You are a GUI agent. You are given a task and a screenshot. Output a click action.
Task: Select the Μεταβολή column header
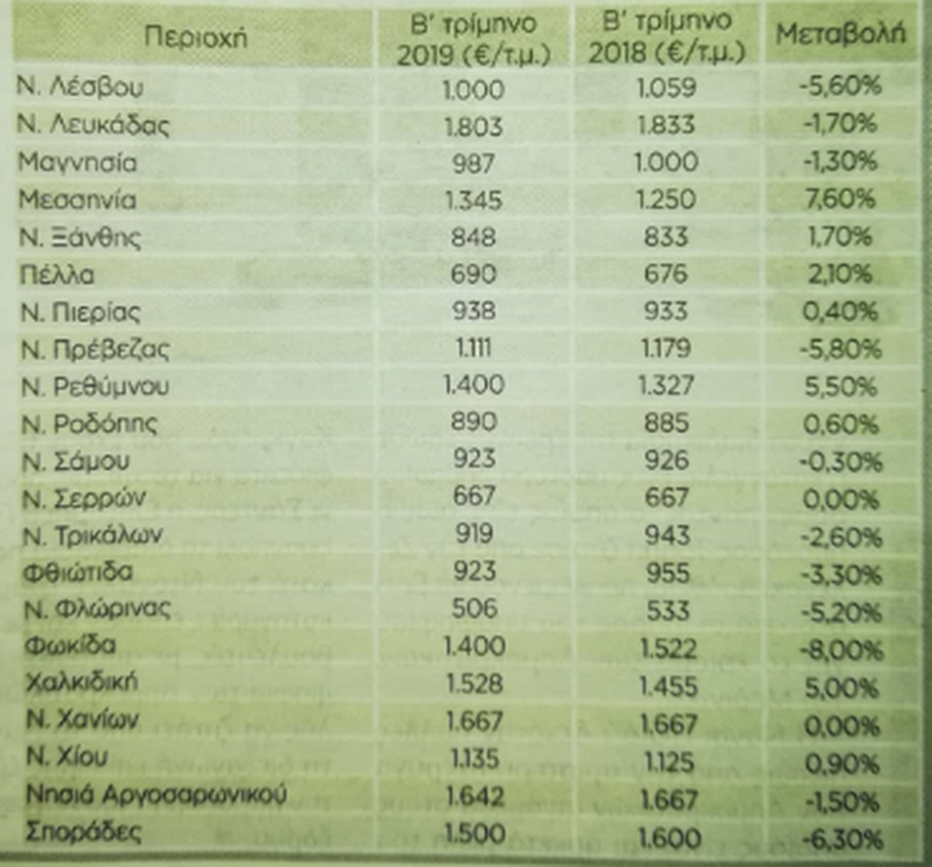click(841, 34)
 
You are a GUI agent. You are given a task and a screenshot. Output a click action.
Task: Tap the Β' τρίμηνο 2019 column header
click(473, 39)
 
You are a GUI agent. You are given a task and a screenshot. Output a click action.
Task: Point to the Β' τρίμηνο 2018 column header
click(666, 38)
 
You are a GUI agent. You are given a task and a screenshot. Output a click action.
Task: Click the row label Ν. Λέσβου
click(80, 87)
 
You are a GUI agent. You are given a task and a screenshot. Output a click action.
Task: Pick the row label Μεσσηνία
click(78, 200)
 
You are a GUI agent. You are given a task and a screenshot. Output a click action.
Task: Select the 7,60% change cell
click(841, 199)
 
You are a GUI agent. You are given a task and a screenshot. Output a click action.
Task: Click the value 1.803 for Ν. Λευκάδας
click(473, 126)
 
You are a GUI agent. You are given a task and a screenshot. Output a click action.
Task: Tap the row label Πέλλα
click(58, 275)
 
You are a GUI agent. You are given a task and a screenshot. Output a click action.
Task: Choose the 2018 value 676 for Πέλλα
click(666, 274)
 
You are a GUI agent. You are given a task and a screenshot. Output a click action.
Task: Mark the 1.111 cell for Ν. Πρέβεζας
click(473, 348)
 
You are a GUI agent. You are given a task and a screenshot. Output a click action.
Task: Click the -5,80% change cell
click(840, 349)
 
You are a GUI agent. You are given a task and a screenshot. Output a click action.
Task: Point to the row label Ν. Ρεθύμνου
click(95, 386)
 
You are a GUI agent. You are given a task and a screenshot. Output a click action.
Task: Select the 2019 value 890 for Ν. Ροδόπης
click(473, 422)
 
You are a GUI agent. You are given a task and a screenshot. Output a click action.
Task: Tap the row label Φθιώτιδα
click(78, 572)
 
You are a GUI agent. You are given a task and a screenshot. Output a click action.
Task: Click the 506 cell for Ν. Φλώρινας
click(474, 609)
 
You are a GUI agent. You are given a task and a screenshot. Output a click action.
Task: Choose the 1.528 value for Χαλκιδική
click(475, 684)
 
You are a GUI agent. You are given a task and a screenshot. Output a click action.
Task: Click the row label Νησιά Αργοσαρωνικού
click(156, 795)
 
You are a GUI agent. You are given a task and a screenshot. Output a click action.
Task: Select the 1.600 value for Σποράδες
click(668, 837)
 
